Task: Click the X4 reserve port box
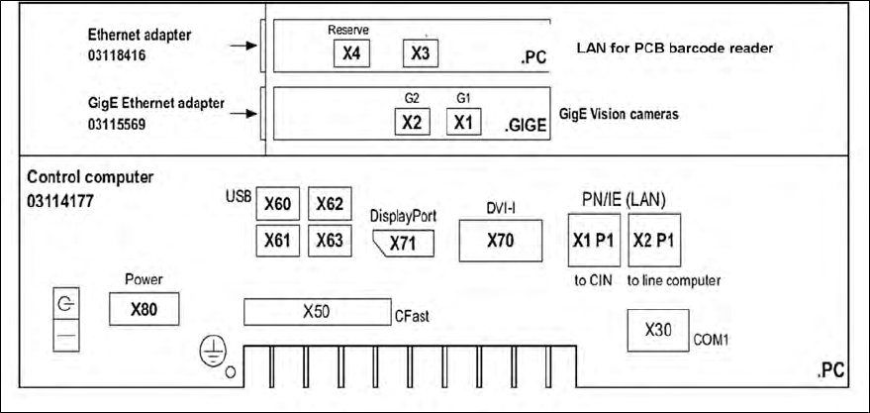349,52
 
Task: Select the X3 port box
421,52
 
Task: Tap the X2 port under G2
413,123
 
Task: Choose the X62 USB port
330,205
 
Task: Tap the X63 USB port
330,240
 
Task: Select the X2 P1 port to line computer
655,239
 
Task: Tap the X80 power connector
145,308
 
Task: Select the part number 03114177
59,201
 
